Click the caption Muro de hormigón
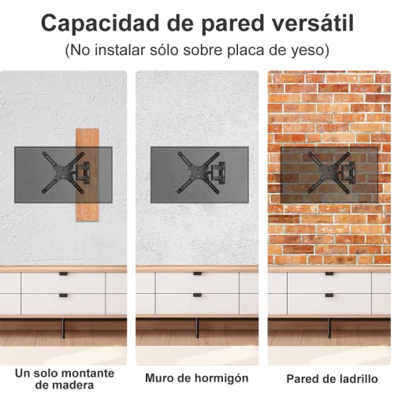[197, 378]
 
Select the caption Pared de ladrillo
[329, 378]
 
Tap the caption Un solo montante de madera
[65, 378]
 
